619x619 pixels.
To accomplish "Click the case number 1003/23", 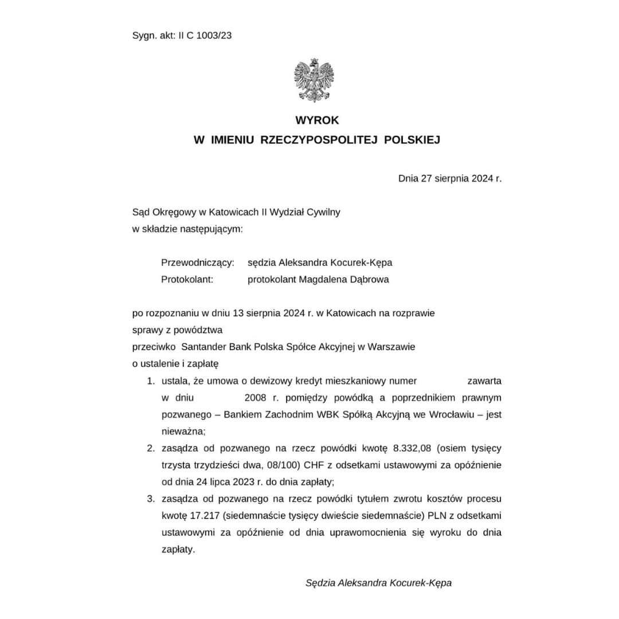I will [214, 35].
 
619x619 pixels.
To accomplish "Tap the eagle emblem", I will [314, 81].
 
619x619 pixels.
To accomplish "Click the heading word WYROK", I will [317, 120].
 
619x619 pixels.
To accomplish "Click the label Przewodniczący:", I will [198, 263].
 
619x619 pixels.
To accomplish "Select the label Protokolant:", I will [187, 280].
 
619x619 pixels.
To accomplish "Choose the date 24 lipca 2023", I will [221, 481].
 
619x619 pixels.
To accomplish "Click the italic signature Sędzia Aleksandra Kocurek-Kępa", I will [378, 583].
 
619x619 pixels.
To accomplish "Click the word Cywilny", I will [323, 212].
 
